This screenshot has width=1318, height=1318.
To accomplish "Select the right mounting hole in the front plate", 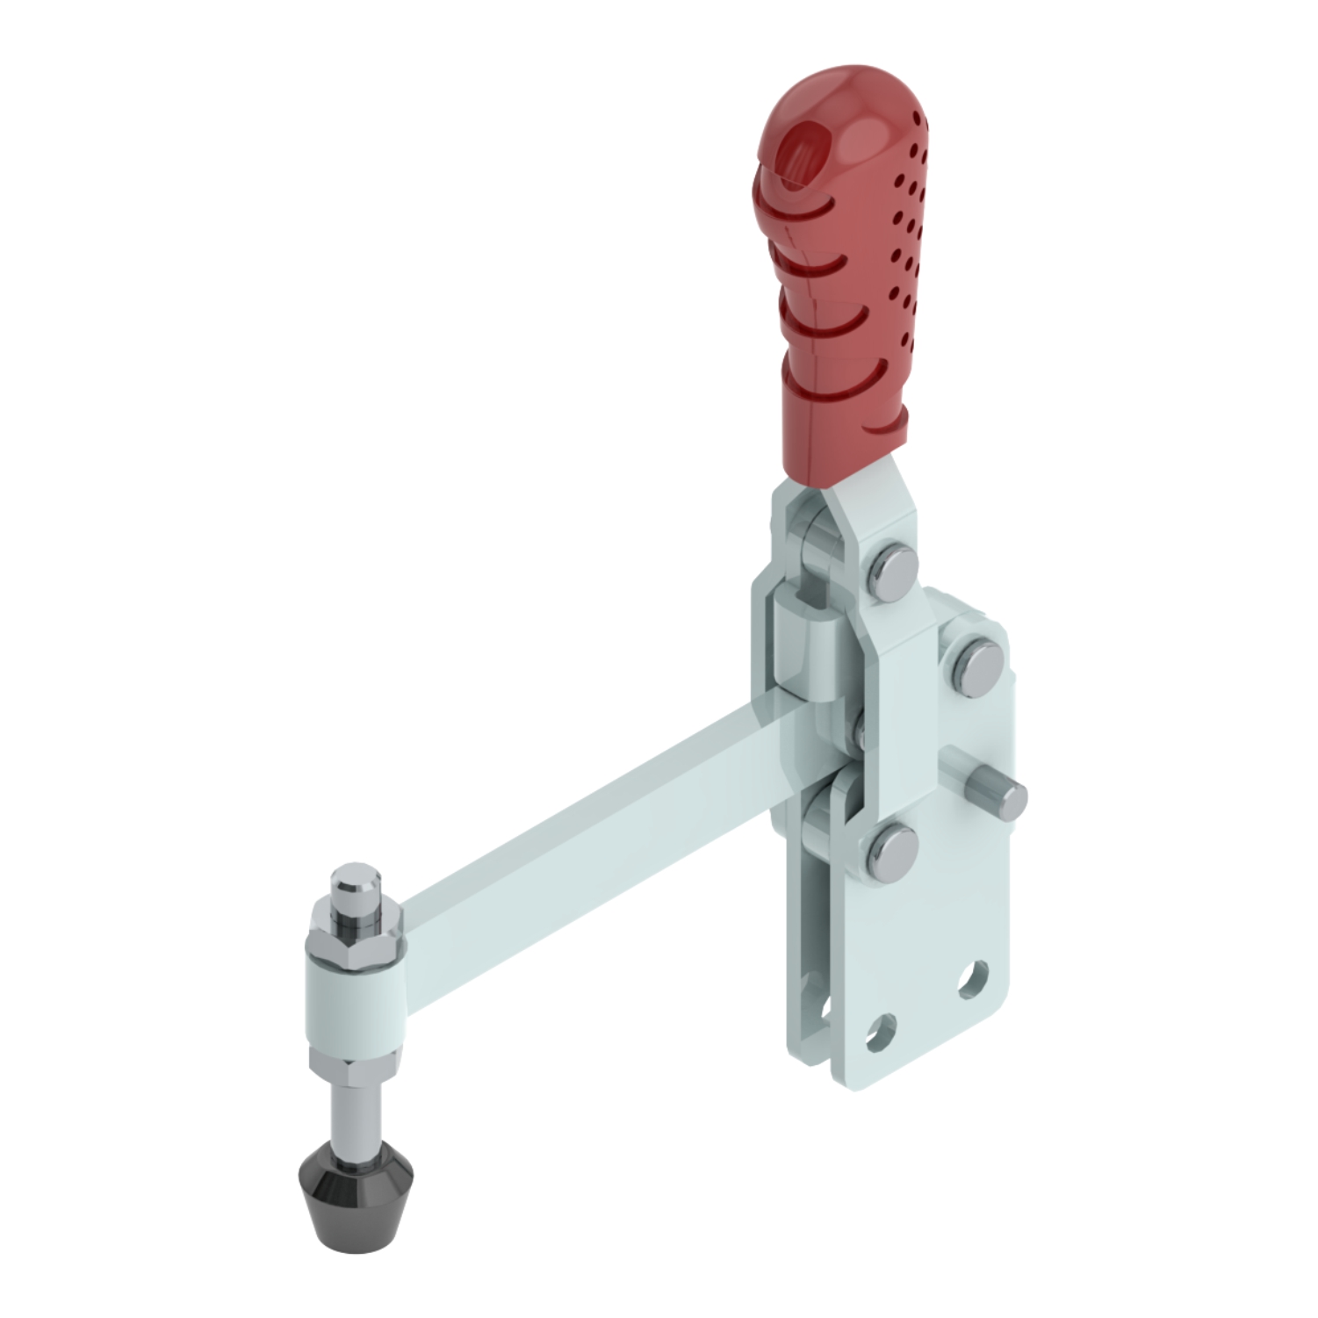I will click(972, 979).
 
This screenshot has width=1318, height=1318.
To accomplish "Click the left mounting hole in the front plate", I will click(880, 1032).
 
